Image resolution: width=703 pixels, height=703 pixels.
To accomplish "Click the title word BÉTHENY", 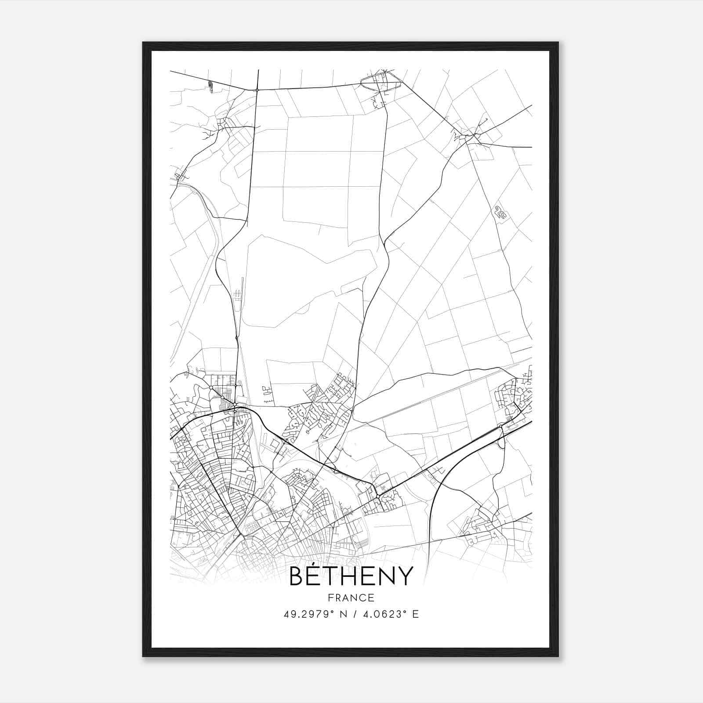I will pyautogui.click(x=351, y=576).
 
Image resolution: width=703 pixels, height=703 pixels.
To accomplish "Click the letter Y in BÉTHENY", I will pyautogui.click(x=404, y=576).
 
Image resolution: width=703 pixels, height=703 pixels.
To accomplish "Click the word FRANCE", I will pyautogui.click(x=351, y=598).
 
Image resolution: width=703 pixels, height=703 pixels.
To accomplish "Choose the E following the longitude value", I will pyautogui.click(x=415, y=614).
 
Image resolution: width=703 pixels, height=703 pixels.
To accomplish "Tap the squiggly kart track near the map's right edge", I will pyautogui.click(x=500, y=212).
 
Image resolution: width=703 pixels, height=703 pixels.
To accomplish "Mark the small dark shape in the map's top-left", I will pyautogui.click(x=211, y=87).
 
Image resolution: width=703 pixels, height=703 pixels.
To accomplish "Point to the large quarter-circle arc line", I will pyautogui.click(x=439, y=483).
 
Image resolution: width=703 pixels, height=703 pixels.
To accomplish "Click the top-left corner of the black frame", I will pyautogui.click(x=143, y=43).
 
